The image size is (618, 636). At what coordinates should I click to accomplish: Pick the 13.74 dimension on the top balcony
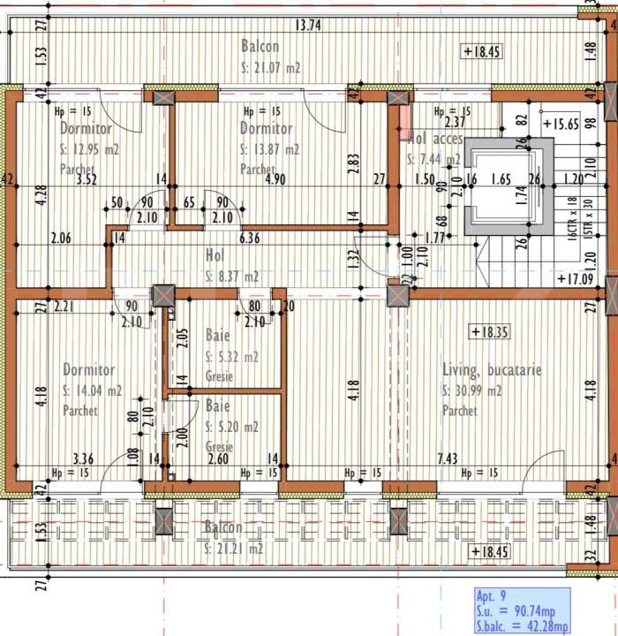coord(307,26)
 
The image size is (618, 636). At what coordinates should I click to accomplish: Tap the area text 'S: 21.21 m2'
coord(234,548)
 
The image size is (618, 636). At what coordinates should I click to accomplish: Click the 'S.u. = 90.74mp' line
coord(517,611)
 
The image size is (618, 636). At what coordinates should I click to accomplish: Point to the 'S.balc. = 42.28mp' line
coord(521,626)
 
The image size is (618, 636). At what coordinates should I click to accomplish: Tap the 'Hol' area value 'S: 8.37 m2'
coord(232,276)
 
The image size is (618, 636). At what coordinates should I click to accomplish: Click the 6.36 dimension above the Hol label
coord(251,238)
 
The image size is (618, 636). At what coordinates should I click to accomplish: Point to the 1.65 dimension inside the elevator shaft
coord(500,179)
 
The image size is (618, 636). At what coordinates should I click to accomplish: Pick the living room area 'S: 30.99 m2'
coord(472,390)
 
